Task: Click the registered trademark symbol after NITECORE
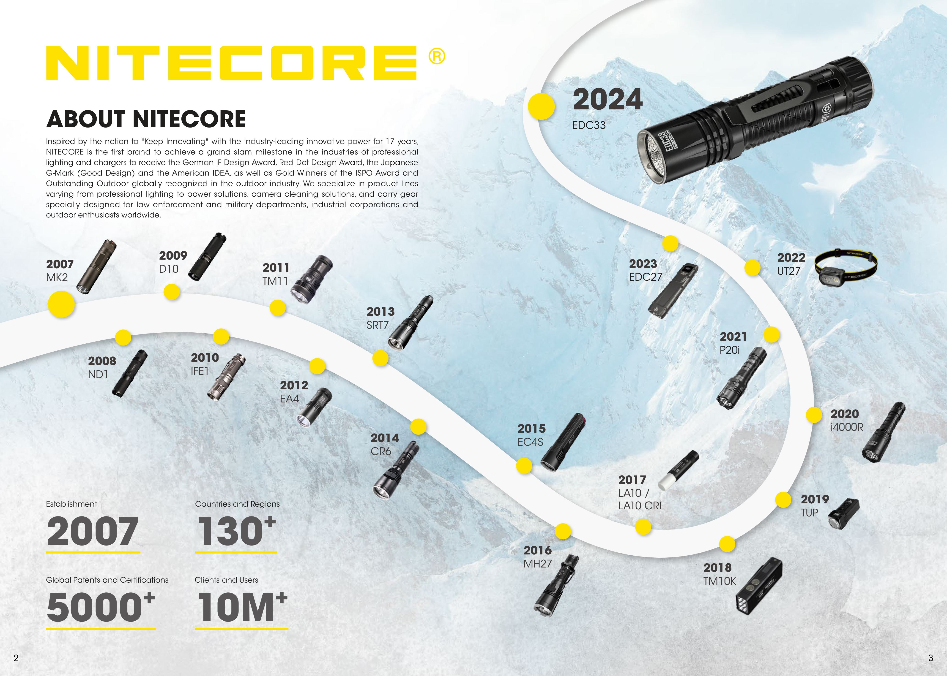(436, 56)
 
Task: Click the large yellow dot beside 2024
(541, 106)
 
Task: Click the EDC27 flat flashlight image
(673, 290)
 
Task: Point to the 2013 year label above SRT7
(380, 312)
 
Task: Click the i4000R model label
(847, 427)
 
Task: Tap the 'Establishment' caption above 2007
(71, 504)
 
